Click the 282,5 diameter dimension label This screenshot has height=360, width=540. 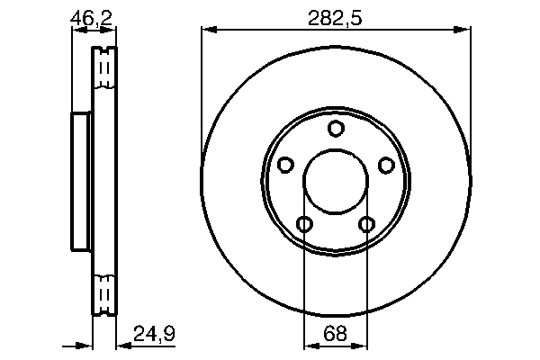pos(336,15)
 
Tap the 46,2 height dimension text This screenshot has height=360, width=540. pos(93,15)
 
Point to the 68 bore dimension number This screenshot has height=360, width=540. pos(336,334)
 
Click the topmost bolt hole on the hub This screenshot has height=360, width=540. pos(336,129)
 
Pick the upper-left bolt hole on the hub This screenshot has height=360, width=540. pos(286,165)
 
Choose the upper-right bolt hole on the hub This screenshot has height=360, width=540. pos(386,165)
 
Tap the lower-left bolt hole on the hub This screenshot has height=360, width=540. pos(305,223)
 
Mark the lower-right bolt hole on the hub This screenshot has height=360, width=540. pos(366,223)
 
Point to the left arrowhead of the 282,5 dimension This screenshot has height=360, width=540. pos(207,31)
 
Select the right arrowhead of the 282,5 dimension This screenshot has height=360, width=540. pos(465,31)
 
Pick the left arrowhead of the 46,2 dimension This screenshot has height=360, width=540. pos(76,31)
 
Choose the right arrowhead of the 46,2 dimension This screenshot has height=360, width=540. pos(112,31)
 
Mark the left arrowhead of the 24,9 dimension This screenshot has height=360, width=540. pos(88,346)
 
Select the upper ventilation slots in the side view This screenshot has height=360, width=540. pos(105,67)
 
